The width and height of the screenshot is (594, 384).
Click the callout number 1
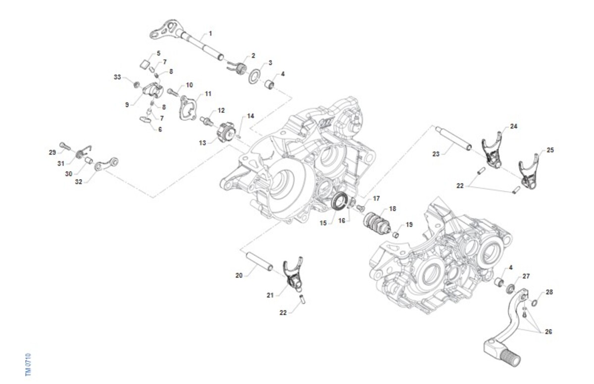(x=210, y=33)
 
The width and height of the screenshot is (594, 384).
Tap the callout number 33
(x=117, y=77)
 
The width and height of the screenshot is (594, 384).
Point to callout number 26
(x=548, y=332)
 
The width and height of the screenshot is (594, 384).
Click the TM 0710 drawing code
(x=28, y=365)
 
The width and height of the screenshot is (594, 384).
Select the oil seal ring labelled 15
(x=339, y=202)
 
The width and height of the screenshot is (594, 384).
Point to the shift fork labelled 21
(x=294, y=276)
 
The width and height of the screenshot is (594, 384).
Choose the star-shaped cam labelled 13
(x=226, y=134)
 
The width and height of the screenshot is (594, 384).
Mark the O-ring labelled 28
(x=535, y=303)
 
